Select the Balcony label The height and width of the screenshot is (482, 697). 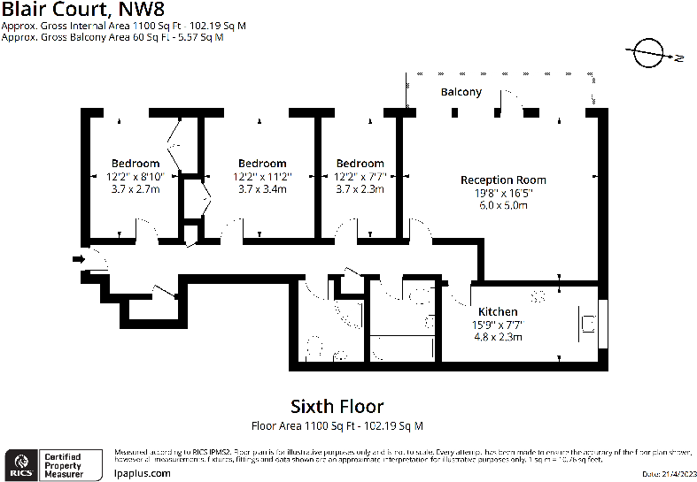pos(461,92)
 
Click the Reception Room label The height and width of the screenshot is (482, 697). pos(503,180)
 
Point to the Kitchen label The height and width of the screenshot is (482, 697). pos(498,312)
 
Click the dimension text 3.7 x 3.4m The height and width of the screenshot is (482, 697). pos(262,188)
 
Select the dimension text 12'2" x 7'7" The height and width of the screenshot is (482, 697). pos(360,176)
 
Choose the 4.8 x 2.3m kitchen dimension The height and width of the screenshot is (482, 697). pos(498,336)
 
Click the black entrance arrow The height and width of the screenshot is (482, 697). pos(78,259)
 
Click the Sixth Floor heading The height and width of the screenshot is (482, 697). pos(337,406)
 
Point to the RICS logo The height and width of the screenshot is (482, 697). pos(22,462)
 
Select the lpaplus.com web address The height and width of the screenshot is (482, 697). pos(143,473)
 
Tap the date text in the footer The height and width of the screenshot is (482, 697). pos(663,475)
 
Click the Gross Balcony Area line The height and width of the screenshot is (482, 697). pos(112,38)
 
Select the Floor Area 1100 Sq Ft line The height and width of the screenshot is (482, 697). pos(337,425)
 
